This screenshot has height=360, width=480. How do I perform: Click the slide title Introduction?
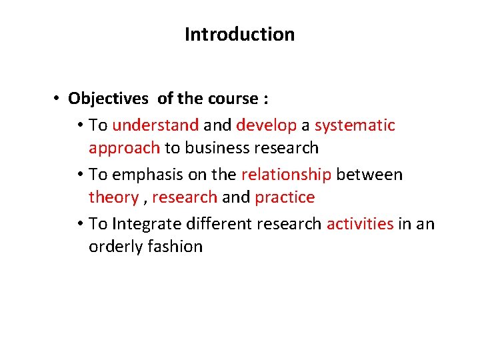pos(239,34)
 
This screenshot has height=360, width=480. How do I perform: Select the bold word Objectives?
pos(108,99)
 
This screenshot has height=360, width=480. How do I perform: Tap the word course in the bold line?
pos(233,99)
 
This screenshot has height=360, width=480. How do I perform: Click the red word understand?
pos(155,125)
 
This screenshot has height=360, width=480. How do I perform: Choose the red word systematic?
pos(355,125)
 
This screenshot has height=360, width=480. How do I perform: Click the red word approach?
pos(124,148)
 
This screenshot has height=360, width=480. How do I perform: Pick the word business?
pos(219,147)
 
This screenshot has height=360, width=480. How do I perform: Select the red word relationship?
pos(286,175)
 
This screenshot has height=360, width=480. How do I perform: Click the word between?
pos(369,175)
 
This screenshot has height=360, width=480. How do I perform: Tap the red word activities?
pos(360,224)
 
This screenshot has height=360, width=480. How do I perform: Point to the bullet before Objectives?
pos(59,99)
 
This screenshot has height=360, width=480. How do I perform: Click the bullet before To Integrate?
pos(79,224)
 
